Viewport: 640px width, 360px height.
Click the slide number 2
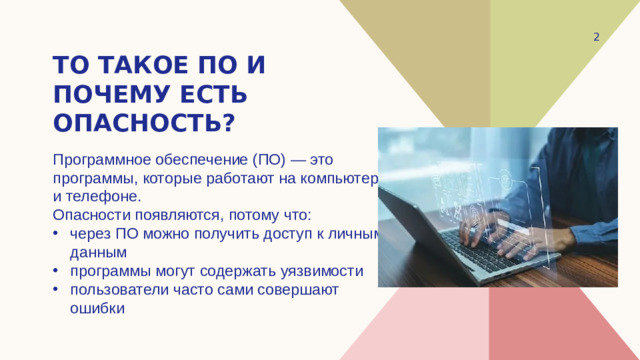pos(596,37)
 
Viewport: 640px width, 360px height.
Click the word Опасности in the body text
pos(90,215)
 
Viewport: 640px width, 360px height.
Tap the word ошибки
pos(97,308)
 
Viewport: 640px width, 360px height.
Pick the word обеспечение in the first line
pos(194,160)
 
